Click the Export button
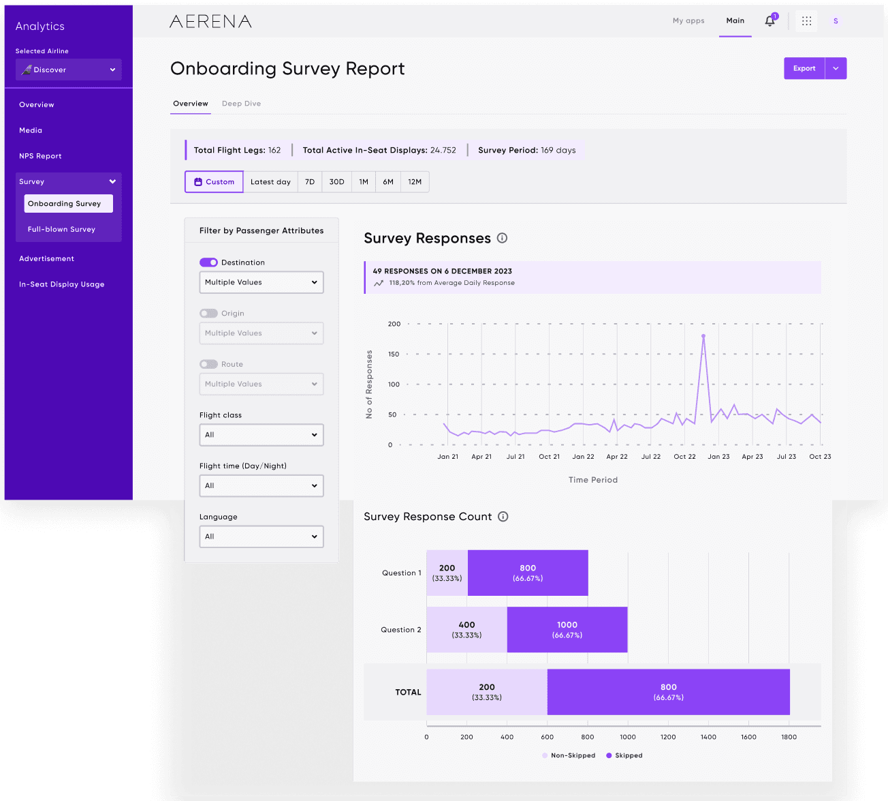[x=804, y=68]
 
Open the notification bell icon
[x=770, y=21]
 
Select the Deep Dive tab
[x=241, y=104]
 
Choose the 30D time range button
[x=336, y=182]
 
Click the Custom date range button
[x=214, y=182]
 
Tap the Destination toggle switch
[x=208, y=262]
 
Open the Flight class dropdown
[x=261, y=435]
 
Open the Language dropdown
[x=261, y=536]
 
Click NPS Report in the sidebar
[x=40, y=156]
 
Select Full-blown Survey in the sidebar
[x=61, y=229]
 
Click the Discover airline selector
[x=69, y=70]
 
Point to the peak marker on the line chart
[x=703, y=336]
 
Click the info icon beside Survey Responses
[x=502, y=238]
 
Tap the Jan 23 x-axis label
[x=718, y=457]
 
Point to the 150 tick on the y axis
[x=394, y=354]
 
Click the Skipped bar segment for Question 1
[x=528, y=573]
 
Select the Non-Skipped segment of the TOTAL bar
[x=486, y=692]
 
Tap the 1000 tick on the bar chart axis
[x=628, y=737]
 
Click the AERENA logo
[x=210, y=22]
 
